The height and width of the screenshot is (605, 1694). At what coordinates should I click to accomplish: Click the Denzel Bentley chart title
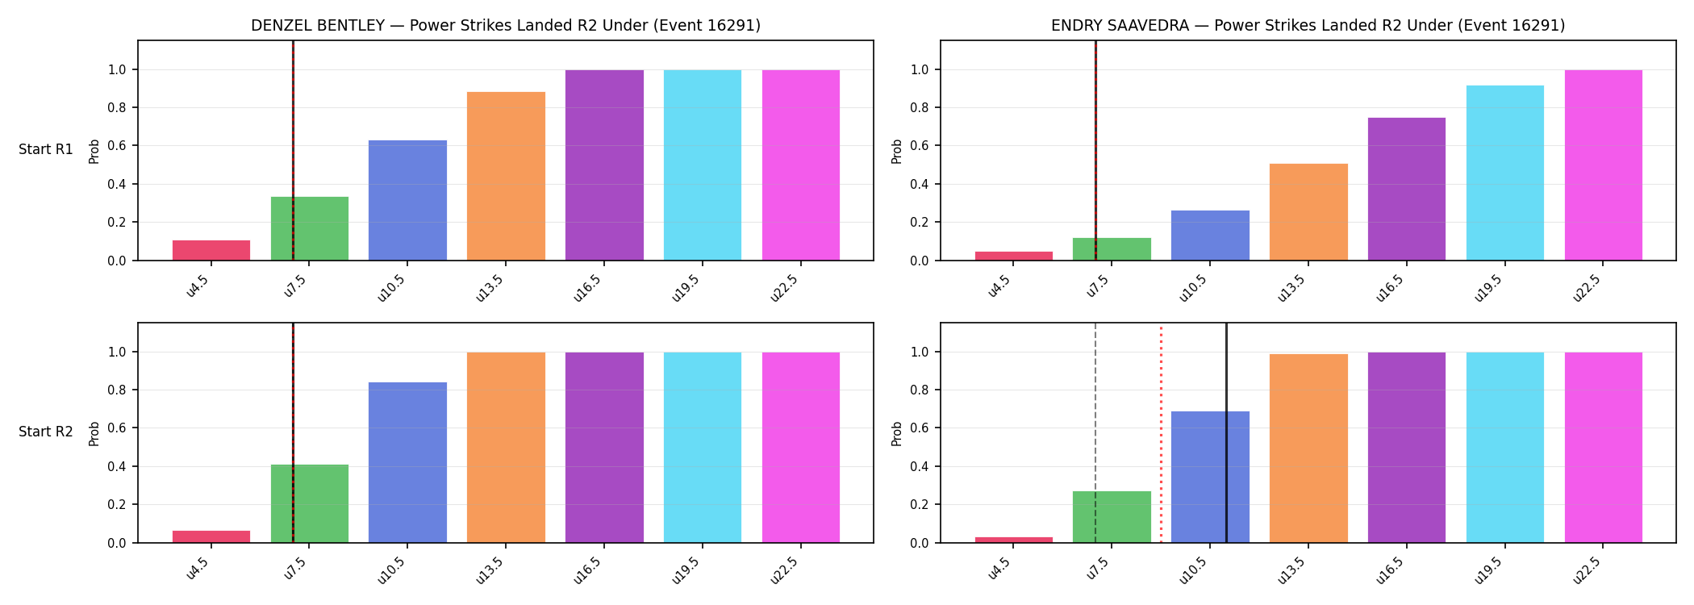[506, 25]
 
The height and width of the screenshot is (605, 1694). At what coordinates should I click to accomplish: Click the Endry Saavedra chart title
[1308, 25]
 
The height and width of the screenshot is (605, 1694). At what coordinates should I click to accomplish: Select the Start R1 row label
[46, 150]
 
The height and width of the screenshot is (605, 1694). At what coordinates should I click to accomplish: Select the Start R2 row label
[46, 432]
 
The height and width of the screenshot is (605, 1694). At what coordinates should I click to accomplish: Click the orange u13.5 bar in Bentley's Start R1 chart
[506, 176]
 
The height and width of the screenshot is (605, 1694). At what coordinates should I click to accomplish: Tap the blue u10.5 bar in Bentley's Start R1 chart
[407, 200]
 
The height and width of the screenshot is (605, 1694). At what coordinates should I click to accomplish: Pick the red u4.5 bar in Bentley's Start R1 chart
[211, 250]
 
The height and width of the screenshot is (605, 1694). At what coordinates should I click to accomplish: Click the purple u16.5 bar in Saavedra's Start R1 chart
[1407, 189]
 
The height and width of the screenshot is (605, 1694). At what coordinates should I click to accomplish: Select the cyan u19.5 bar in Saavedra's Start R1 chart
[1505, 173]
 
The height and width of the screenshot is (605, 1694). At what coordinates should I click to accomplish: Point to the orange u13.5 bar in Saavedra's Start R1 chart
[1308, 212]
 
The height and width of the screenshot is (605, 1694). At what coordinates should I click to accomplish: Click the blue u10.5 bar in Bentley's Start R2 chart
[407, 462]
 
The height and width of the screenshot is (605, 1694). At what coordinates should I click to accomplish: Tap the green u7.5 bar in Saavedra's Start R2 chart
[1112, 517]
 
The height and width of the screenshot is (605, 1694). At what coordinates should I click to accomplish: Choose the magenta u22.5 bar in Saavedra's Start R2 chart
[1604, 448]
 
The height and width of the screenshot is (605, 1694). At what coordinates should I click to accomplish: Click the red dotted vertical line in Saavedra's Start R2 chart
[1161, 433]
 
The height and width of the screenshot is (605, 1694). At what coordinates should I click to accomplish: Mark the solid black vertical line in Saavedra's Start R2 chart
[1226, 433]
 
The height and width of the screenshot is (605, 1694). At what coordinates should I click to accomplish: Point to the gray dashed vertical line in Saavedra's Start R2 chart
[1095, 433]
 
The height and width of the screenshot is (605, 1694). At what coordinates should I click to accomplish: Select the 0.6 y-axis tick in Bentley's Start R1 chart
[117, 146]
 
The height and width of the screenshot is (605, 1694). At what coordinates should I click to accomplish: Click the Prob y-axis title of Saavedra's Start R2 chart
[897, 433]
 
